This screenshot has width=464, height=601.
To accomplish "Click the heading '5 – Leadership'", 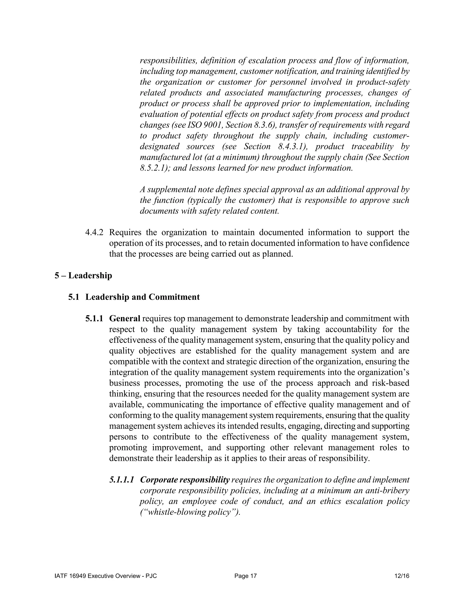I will pyautogui.click(x=83, y=276).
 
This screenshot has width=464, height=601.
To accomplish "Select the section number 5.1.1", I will pyautogui.click(x=94, y=319).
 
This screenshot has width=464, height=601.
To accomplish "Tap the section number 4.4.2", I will pyautogui.click(x=94, y=232).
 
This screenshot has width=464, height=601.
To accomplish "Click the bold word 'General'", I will pyautogui.click(x=125, y=319).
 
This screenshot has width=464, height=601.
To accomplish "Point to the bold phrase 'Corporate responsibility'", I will pyautogui.click(x=185, y=480).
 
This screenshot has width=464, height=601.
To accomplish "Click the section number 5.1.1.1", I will pyautogui.click(x=121, y=480).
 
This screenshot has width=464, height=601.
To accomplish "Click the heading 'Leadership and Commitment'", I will pyautogui.click(x=142, y=297).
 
